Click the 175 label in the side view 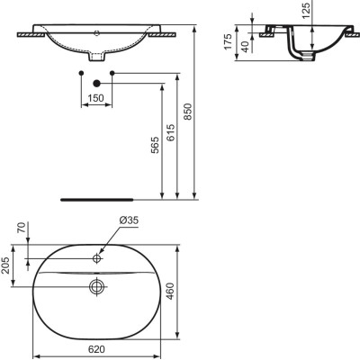coord(228,41)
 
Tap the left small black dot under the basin coord(81,71)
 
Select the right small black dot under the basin coord(111,71)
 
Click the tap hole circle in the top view coord(95,259)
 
